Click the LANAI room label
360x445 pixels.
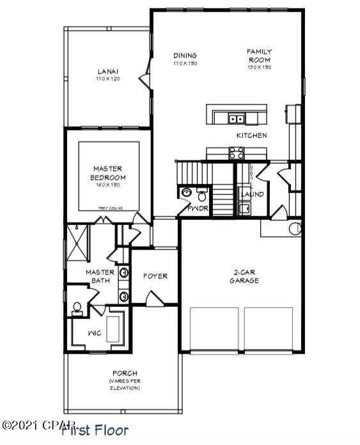tap(108, 71)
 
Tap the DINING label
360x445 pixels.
tap(184, 56)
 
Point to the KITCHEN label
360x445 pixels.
tap(251, 136)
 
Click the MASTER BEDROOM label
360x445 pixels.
tap(108, 173)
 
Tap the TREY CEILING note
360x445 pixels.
tap(110, 208)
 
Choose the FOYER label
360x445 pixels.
tap(155, 276)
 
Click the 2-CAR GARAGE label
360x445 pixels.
tap(246, 276)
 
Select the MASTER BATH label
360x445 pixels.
tap(100, 276)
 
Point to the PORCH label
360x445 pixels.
tap(124, 373)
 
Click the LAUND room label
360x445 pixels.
tap(252, 194)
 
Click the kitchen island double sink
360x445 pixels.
tap(237, 118)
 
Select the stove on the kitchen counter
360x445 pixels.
tap(236, 153)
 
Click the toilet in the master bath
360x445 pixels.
tap(77, 309)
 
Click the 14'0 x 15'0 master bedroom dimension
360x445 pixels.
tap(108, 185)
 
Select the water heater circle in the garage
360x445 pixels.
tap(295, 228)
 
